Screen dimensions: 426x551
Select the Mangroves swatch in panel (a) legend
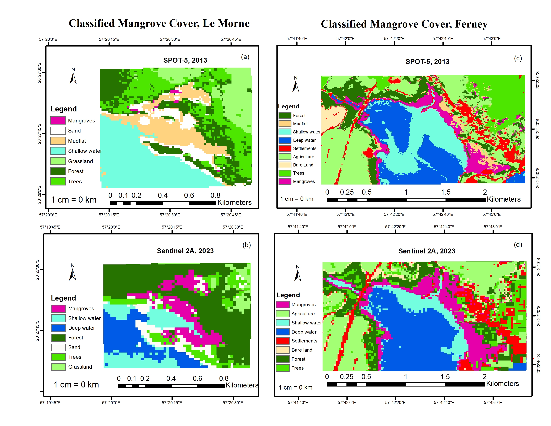point(58,120)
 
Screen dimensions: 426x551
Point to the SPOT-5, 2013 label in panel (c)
point(427,62)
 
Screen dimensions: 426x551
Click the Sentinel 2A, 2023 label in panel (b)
point(185,251)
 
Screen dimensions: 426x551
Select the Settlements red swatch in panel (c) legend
point(285,148)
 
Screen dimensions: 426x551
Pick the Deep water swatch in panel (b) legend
point(58,328)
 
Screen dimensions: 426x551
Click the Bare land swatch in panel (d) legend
point(283,350)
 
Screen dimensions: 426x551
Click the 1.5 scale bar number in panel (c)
point(446,192)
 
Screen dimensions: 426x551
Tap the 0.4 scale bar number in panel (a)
point(163,195)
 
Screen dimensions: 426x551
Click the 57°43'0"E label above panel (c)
point(491,39)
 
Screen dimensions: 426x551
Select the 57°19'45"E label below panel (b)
point(50,402)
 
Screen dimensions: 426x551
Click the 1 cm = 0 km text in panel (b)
point(76,385)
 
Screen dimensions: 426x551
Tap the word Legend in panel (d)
point(288,295)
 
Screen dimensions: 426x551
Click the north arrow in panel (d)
point(298,275)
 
